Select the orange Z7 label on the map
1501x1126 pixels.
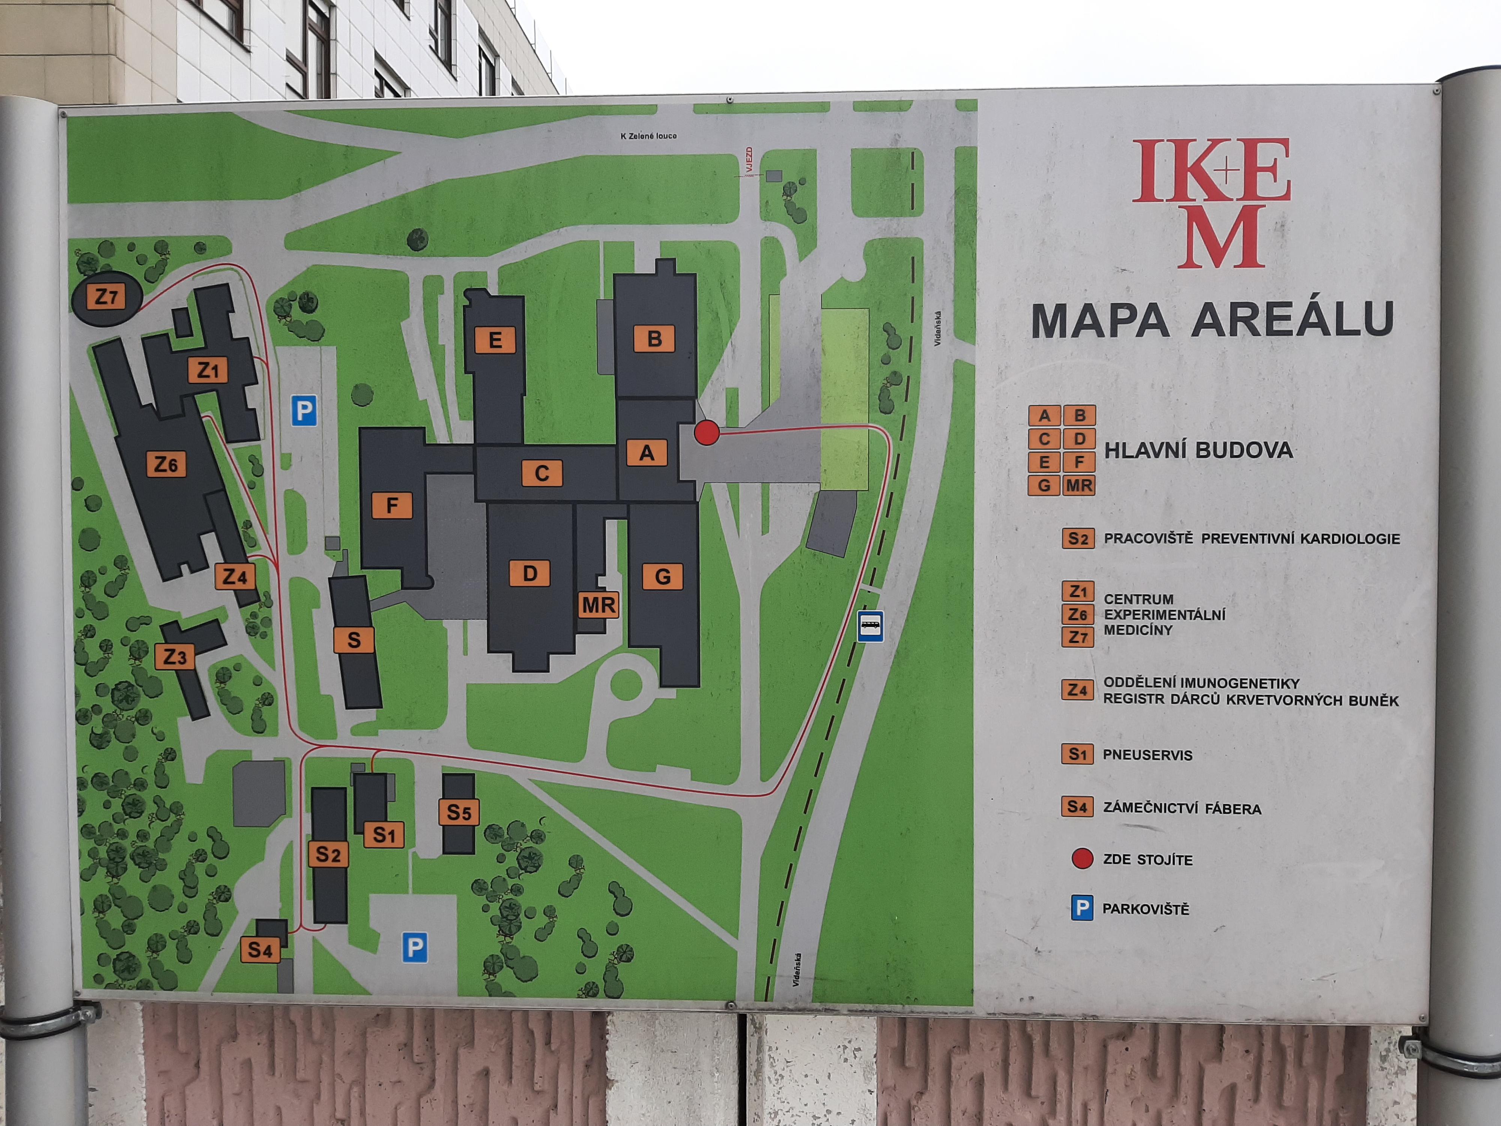pyautogui.click(x=107, y=297)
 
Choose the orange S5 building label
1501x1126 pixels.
pyautogui.click(x=459, y=812)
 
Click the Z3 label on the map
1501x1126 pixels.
pyautogui.click(x=174, y=656)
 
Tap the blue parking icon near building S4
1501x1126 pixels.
pyautogui.click(x=415, y=947)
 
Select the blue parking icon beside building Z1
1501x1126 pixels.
pyautogui.click(x=304, y=411)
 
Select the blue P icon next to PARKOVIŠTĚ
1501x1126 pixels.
pyautogui.click(x=1081, y=908)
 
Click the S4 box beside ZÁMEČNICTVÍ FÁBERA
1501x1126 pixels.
pyautogui.click(x=1077, y=807)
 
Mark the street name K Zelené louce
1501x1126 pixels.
pyautogui.click(x=648, y=136)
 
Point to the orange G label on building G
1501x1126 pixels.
pyautogui.click(x=662, y=576)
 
